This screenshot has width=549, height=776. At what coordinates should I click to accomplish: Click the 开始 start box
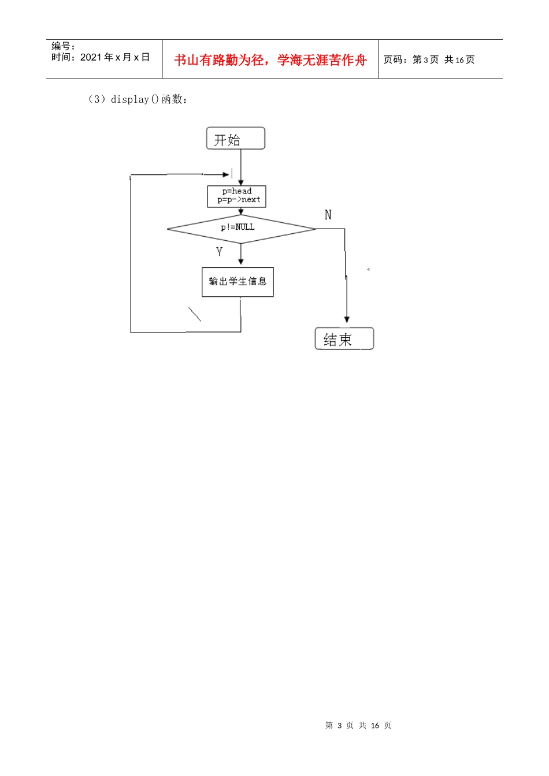coord(235,138)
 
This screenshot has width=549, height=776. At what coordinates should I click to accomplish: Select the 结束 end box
coord(344,338)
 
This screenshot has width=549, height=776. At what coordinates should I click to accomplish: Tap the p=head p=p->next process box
coord(236,196)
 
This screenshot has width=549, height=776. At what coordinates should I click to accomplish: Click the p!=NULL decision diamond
coord(242,229)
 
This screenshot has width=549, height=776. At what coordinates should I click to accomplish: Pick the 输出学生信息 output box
coord(238,282)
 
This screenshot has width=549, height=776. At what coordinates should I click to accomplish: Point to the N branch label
coord(328,215)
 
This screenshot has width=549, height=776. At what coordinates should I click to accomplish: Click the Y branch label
coord(219,252)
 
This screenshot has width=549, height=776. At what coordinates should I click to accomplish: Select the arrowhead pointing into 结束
coord(347,319)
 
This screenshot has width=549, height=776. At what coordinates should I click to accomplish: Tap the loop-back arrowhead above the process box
coord(226,174)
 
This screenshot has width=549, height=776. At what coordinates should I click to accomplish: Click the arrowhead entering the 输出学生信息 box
coord(240,262)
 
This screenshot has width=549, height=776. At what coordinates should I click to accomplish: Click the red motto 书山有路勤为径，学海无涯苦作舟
coord(270,60)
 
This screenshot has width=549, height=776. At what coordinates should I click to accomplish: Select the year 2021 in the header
coord(91,57)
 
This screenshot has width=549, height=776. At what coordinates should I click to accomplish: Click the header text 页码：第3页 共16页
coord(429,59)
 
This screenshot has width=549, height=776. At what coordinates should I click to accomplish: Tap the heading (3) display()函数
coord(138,99)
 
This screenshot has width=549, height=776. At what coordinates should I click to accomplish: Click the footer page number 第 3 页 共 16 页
coord(358,725)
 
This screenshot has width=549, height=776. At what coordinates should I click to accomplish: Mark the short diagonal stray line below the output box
coord(195,314)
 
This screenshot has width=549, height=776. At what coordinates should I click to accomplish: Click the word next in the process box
coord(251,200)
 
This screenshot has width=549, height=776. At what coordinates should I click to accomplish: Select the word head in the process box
coord(242,191)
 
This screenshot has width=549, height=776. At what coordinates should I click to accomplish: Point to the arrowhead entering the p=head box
coord(240,182)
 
